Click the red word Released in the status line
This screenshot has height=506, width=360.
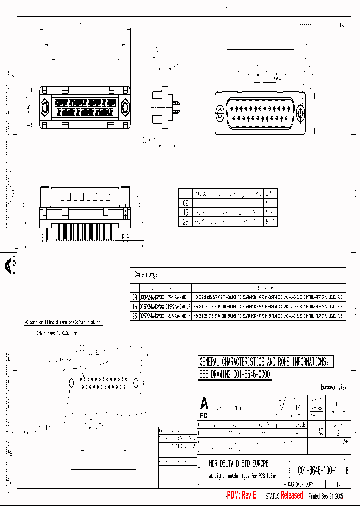(291, 495)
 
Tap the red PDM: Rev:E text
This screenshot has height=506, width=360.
(241, 495)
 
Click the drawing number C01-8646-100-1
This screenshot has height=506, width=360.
(317, 470)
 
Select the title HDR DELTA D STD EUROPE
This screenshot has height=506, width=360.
(238, 464)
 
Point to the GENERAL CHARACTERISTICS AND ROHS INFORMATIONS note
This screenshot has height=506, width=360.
(263, 361)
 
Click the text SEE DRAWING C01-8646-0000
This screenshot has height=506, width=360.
(235, 374)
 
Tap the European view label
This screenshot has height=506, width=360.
(333, 387)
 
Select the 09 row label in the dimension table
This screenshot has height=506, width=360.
(185, 203)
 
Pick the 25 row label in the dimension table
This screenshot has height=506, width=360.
(185, 222)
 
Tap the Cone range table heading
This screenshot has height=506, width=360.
(146, 274)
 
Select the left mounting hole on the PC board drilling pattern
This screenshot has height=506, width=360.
(71, 383)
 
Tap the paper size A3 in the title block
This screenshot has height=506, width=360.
(320, 430)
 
